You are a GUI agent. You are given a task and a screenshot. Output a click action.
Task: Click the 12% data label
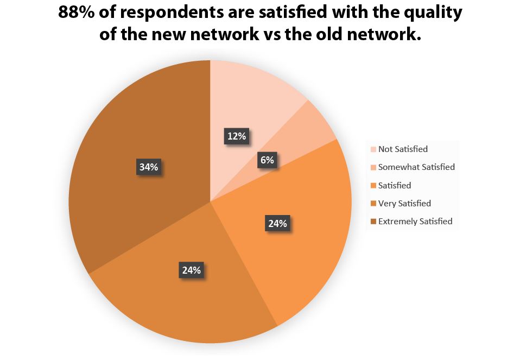point(237,136)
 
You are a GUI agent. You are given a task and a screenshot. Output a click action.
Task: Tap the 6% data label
point(267,160)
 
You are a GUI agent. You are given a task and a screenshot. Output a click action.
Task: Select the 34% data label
point(148,167)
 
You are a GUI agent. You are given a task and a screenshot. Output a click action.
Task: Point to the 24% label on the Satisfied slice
point(277,223)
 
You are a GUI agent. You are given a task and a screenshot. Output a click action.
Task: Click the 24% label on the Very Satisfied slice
point(192,270)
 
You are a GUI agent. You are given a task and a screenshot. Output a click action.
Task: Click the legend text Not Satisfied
point(403,149)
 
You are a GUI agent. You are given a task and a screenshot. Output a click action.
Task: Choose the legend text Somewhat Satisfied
point(416,167)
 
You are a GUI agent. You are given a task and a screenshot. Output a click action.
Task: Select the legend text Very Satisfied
point(404,204)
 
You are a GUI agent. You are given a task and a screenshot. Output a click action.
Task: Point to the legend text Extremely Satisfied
point(415,222)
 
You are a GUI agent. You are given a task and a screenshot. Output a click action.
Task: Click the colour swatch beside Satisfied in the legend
point(373,186)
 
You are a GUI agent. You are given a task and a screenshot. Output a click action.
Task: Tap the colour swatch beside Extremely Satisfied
point(373,222)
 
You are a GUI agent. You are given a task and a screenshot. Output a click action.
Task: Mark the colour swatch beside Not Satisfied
point(373,149)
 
